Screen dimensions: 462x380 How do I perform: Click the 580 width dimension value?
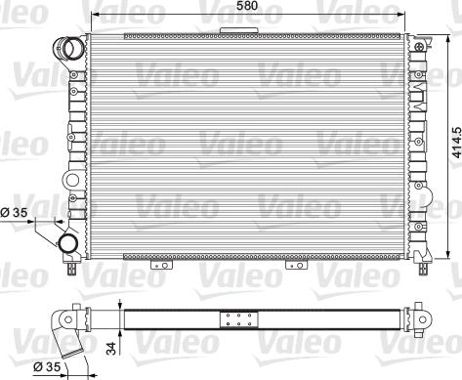[247, 6]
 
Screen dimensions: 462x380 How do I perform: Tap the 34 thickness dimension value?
[111, 348]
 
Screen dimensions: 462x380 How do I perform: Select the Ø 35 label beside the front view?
[14, 213]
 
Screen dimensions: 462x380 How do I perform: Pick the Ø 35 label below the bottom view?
[47, 366]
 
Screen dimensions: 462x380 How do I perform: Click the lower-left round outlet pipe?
[68, 243]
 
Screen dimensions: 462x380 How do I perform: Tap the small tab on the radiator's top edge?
[238, 30]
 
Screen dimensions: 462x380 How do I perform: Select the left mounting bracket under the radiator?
[161, 265]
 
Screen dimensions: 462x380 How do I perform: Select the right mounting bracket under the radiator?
[296, 265]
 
